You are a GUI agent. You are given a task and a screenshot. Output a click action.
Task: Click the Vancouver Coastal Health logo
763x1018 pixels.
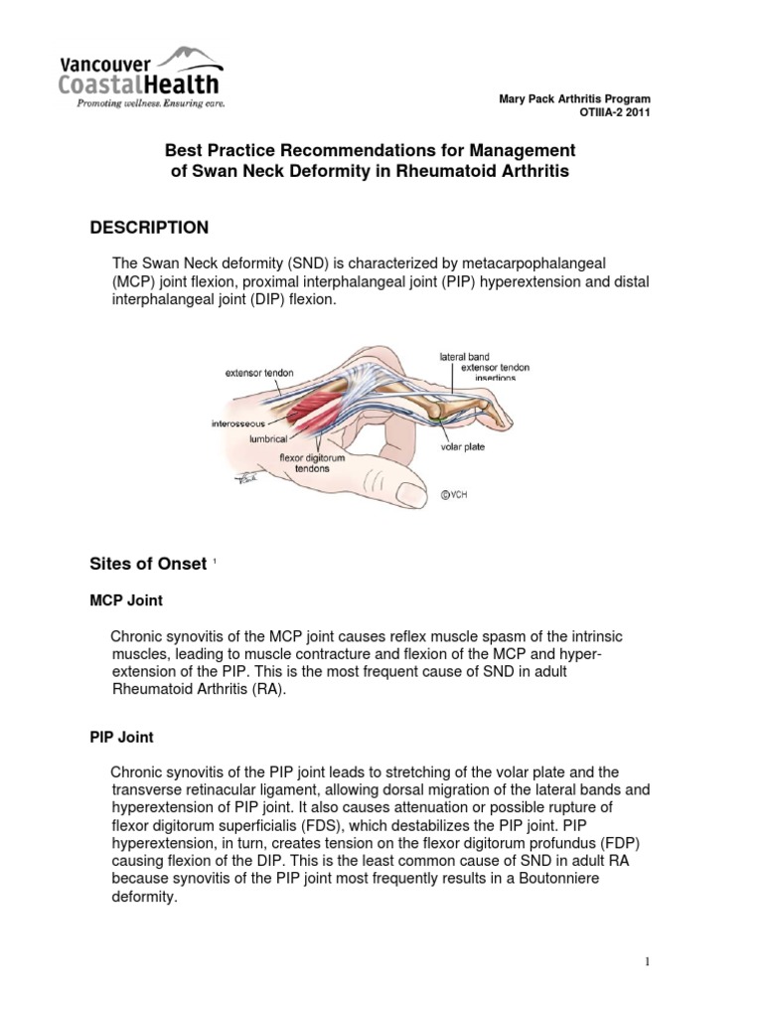(x=140, y=76)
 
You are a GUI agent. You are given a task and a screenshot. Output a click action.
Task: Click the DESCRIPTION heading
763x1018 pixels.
(x=149, y=228)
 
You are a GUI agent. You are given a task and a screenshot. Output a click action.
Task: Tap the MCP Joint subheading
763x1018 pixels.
(x=126, y=600)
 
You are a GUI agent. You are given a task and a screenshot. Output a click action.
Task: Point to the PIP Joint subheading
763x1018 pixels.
(x=122, y=739)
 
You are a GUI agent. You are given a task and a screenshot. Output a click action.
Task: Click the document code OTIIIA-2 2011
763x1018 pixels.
(x=615, y=112)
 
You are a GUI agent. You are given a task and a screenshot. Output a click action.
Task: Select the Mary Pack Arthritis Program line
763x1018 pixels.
(x=574, y=99)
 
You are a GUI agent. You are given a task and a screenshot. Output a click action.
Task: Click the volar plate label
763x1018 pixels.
(x=463, y=446)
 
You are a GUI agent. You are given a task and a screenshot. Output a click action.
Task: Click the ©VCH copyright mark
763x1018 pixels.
(x=456, y=491)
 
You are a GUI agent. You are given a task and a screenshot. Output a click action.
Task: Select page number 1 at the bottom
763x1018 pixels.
(x=645, y=962)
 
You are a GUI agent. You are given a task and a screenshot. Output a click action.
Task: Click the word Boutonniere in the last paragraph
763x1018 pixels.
(x=590, y=880)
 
